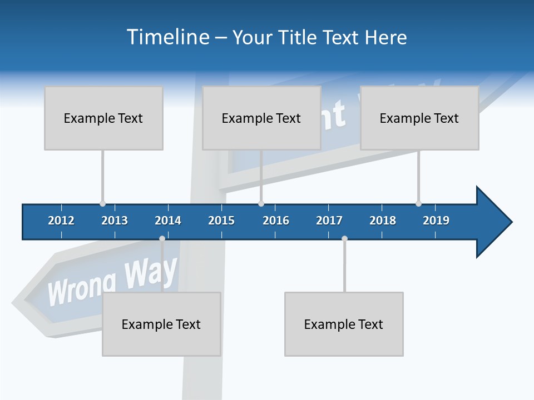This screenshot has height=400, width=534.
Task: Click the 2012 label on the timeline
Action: coord(61,221)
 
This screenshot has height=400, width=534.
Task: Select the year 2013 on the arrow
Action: coord(115,221)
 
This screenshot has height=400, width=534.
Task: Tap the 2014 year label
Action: coord(168,221)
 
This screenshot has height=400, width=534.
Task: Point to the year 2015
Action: coord(221,221)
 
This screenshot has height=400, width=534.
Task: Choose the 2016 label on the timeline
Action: coord(276,221)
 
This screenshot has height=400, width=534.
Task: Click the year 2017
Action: coord(329,221)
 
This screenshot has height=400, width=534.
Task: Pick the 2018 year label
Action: coord(383,221)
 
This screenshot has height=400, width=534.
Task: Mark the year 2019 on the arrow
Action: coord(436,221)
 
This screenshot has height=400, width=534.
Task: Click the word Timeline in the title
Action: coord(167,37)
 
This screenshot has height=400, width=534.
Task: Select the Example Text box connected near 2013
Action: coord(103,118)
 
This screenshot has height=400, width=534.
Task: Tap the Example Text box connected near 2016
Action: coord(261,118)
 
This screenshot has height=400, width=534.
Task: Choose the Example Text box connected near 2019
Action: coord(419,118)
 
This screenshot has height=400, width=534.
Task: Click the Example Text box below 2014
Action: coord(161,324)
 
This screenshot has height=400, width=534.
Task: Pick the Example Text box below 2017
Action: coord(344,324)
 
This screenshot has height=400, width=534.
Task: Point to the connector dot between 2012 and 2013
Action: coord(102,204)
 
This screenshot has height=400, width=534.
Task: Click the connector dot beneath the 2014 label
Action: coord(162,239)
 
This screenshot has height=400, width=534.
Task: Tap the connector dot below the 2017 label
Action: coord(344,239)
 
